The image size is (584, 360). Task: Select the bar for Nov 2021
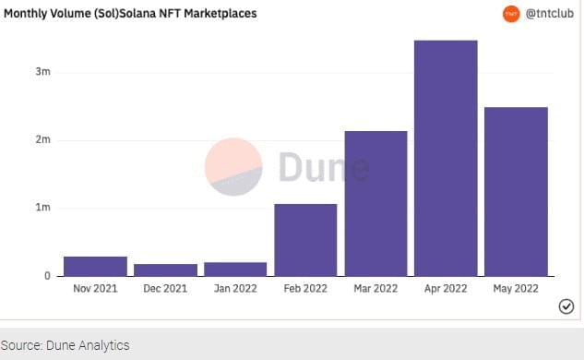point(95,266)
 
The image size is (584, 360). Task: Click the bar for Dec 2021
point(165,270)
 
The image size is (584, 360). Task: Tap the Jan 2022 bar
point(235,269)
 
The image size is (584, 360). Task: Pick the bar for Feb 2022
point(305,240)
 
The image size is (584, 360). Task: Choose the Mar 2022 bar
point(375,203)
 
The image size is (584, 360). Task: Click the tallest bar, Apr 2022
point(446,158)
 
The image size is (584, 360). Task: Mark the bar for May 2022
point(516,191)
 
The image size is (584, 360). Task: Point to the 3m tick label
point(42,72)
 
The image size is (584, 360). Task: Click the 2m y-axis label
point(42,140)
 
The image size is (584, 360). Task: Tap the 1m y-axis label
point(42,208)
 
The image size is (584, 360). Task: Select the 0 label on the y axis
point(46,276)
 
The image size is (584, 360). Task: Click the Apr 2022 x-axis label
point(446,289)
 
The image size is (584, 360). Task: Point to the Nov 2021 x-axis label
point(95,289)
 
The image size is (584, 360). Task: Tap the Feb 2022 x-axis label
point(305,289)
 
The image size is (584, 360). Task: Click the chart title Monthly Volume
point(130,14)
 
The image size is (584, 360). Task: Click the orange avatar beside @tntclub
point(511,14)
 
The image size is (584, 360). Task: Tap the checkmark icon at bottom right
point(566,307)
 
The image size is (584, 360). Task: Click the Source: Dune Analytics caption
point(65,345)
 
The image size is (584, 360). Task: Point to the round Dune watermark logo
point(232,167)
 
